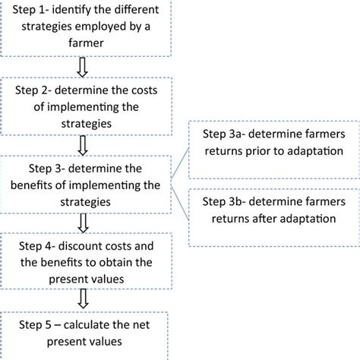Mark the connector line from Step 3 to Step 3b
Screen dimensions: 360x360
(181, 194)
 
